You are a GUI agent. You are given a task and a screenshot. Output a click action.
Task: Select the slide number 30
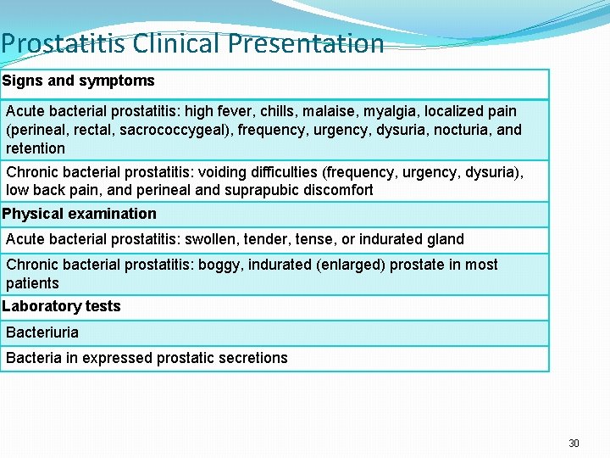[574, 444]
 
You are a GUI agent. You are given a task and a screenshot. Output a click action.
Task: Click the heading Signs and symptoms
[78, 81]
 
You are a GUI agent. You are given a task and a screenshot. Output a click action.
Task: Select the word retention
[36, 148]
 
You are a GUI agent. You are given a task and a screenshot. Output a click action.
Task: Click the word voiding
[224, 172]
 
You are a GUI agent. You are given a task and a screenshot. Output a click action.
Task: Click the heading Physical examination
[80, 214]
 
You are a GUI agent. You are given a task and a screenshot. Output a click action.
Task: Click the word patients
[32, 283]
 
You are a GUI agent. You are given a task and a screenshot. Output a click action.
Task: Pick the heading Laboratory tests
[62, 306]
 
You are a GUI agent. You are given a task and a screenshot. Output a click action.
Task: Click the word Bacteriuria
[42, 332]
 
